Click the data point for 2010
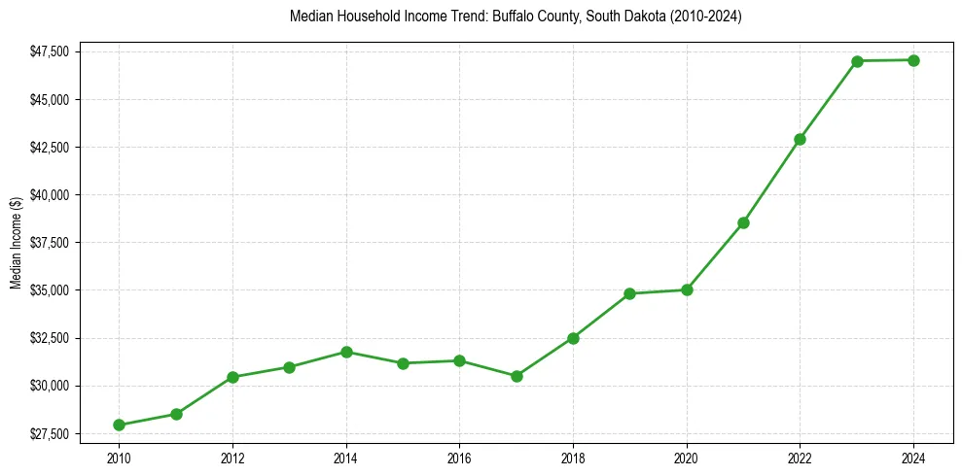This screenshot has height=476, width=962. [119, 425]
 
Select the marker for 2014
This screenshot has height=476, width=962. [346, 352]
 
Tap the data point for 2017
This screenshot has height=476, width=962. [517, 376]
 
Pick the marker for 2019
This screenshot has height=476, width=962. [630, 293]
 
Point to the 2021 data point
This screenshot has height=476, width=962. [743, 222]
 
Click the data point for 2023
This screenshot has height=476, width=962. [857, 61]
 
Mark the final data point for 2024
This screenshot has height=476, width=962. [914, 60]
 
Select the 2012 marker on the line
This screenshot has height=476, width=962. [232, 377]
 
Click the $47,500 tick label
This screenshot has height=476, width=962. [49, 51]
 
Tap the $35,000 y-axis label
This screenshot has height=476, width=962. [49, 290]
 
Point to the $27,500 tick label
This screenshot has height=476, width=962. [49, 433]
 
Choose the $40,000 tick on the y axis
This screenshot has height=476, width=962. [49, 195]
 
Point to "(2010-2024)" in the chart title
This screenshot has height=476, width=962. [707, 17]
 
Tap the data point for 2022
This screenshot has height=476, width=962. [800, 139]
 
